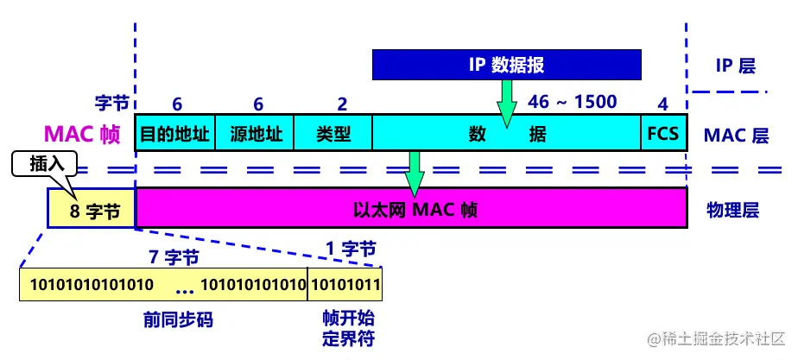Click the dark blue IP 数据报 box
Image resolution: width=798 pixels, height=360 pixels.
coord(507,64)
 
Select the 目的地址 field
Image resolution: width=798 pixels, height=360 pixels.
coord(175,134)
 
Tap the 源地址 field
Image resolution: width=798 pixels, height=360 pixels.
coord(254,134)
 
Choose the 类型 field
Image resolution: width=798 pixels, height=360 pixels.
coord(333,134)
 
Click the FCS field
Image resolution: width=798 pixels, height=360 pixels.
coord(662,134)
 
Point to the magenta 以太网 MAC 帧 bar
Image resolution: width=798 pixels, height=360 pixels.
coord(411,209)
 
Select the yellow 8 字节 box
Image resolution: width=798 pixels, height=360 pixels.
coord(92,210)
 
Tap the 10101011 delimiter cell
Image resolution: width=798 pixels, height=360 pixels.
coord(345,284)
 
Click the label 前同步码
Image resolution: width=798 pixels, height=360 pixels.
coord(178,320)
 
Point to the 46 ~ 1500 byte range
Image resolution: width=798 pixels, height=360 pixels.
coord(573,102)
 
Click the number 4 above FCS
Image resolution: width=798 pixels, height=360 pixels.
coord(663,104)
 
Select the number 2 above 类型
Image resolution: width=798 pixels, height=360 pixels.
coord(342,104)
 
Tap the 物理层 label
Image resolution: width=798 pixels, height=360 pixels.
coord(732,210)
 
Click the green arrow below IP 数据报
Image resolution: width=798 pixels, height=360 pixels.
coord(506,98)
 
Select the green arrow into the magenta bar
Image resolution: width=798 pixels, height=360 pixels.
coord(415,173)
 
